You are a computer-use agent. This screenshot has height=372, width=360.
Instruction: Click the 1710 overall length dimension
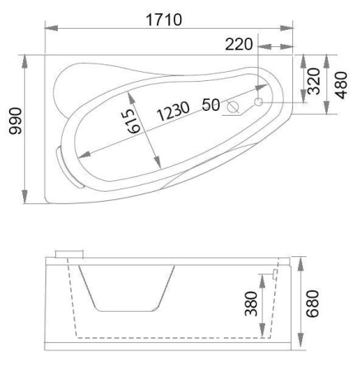point(164,18)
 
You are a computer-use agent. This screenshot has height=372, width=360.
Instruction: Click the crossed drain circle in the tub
point(234,107)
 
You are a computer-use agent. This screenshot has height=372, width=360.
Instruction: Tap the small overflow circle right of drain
point(258,102)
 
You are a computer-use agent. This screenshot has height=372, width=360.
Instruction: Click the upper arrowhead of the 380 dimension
point(263,273)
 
